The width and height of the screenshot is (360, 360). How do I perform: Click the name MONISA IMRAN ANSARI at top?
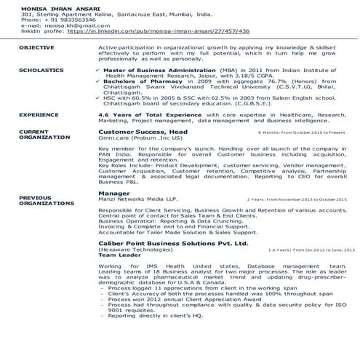tap(50, 7)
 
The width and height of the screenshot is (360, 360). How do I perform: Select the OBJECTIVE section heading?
tap(36, 47)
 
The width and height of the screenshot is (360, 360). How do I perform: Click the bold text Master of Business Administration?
tap(152, 70)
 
